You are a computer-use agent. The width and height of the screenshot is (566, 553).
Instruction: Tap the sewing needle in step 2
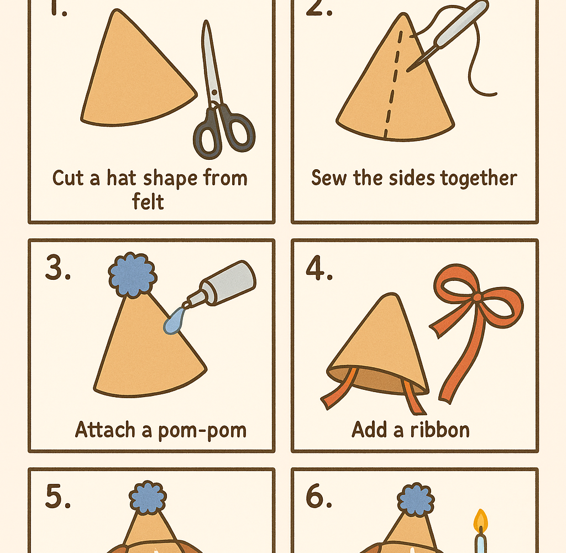pyautogui.click(x=448, y=36)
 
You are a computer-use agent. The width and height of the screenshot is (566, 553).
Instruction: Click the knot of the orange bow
pyautogui.click(x=477, y=298)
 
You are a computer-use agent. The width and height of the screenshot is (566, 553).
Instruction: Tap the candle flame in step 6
pyautogui.click(x=480, y=520)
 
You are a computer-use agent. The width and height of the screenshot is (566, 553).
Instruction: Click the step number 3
pyautogui.click(x=57, y=267)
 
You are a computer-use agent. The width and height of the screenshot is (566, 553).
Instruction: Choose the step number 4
pyautogui.click(x=319, y=268)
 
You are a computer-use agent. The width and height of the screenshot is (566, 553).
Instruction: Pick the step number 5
pyautogui.click(x=57, y=496)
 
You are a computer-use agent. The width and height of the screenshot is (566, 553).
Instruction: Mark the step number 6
pyautogui.click(x=319, y=495)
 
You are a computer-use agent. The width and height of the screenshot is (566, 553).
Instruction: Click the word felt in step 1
pyautogui.click(x=148, y=201)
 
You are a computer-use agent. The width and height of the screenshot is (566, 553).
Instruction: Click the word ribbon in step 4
pyautogui.click(x=439, y=430)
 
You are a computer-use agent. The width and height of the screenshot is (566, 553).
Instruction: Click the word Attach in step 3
pyautogui.click(x=105, y=430)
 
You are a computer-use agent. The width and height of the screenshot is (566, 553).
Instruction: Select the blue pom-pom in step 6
pyautogui.click(x=416, y=499)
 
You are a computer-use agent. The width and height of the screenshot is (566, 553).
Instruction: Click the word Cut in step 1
pyautogui.click(x=68, y=178)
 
